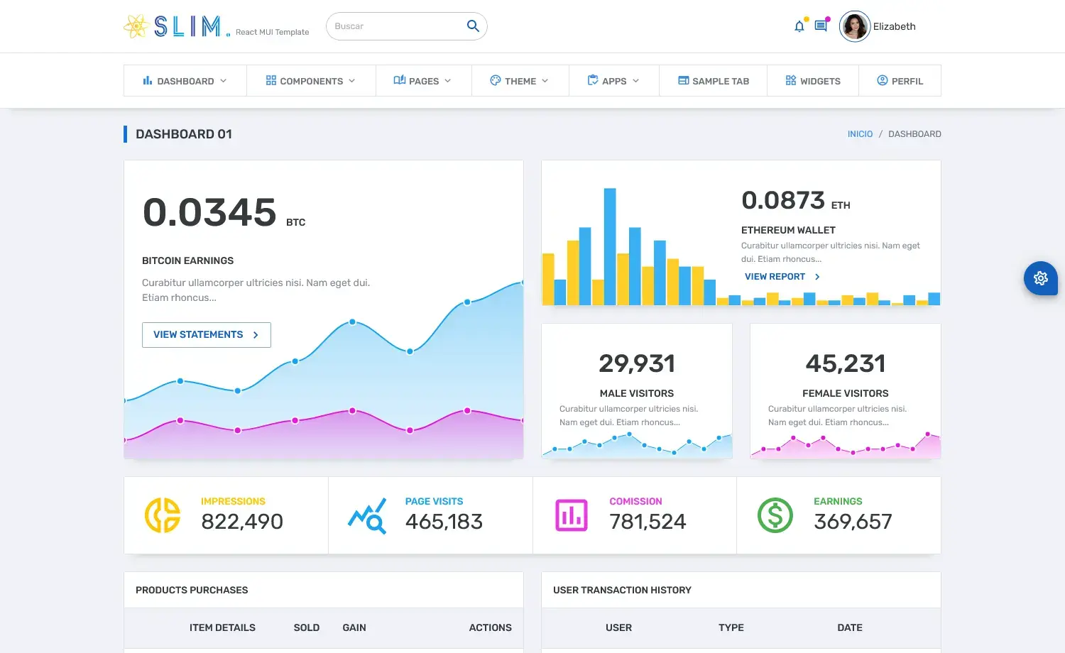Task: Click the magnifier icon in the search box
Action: pyautogui.click(x=473, y=26)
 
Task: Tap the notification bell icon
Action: pyautogui.click(x=799, y=27)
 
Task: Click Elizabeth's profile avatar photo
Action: pyautogui.click(x=855, y=27)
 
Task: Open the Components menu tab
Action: pyautogui.click(x=311, y=81)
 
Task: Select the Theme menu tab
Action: pyautogui.click(x=520, y=81)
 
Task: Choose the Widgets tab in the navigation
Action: pyautogui.click(x=813, y=81)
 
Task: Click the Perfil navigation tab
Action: pyautogui.click(x=900, y=81)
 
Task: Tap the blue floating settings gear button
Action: pyautogui.click(x=1041, y=278)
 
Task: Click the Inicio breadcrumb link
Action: pyautogui.click(x=860, y=134)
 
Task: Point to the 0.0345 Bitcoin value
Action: pyautogui.click(x=209, y=212)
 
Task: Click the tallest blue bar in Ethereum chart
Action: pyautogui.click(x=610, y=246)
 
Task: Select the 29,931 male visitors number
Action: pyautogui.click(x=637, y=363)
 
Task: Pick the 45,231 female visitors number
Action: pyautogui.click(x=846, y=363)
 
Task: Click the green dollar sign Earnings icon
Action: pyautogui.click(x=775, y=515)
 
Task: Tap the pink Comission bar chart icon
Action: pyautogui.click(x=571, y=515)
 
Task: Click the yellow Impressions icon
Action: pyautogui.click(x=163, y=515)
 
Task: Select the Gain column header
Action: pyautogui.click(x=354, y=627)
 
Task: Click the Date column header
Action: pyautogui.click(x=850, y=627)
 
